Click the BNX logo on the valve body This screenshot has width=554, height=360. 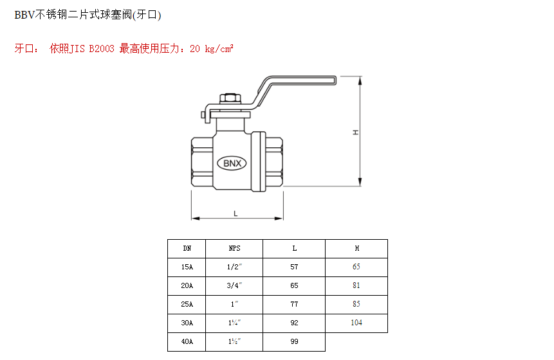(x=232, y=163)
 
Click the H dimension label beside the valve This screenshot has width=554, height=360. (x=355, y=132)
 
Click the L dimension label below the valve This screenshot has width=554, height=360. (x=235, y=213)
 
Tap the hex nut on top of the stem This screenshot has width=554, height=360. (x=230, y=99)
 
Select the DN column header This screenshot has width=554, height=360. (x=187, y=248)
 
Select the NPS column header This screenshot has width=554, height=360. (x=234, y=248)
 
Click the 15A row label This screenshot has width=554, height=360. (x=187, y=267)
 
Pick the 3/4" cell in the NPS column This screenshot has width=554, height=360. (x=234, y=285)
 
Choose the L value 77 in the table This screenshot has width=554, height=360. (x=294, y=304)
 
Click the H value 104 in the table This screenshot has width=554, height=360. (x=356, y=323)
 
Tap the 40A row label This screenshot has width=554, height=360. (x=187, y=341)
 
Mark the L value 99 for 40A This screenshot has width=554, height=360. (x=294, y=341)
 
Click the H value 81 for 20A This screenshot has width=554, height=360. (x=356, y=285)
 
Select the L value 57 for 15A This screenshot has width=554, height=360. (x=294, y=267)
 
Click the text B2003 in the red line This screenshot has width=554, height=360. (x=102, y=49)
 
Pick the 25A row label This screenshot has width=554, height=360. (x=187, y=304)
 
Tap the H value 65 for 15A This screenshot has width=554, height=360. (x=356, y=267)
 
